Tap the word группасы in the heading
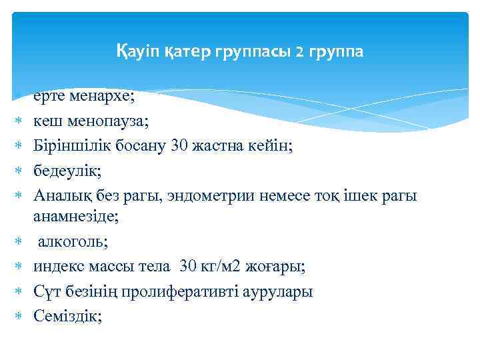(255, 52)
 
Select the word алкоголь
(70, 242)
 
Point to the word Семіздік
(67, 316)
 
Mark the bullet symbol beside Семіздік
(19, 317)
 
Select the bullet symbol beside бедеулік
(19, 171)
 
